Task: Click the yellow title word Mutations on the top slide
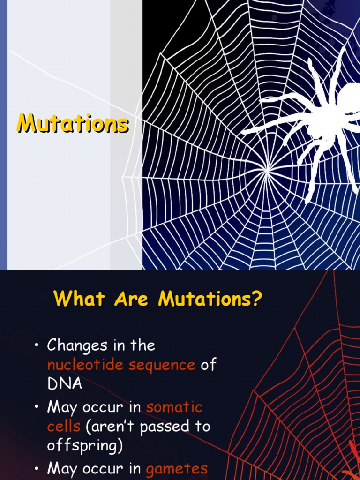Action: (x=73, y=123)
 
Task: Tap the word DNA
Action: (x=65, y=384)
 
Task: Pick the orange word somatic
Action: (x=174, y=407)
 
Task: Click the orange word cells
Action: (x=63, y=426)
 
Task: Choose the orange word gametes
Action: (x=177, y=469)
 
